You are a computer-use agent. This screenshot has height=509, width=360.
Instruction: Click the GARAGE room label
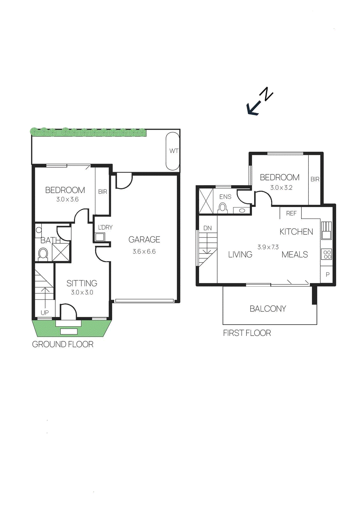[144, 240]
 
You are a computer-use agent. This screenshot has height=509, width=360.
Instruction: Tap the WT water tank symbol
[173, 151]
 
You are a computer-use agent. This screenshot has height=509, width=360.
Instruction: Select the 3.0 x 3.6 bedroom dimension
[67, 199]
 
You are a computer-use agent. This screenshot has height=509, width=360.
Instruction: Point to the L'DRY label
[105, 227]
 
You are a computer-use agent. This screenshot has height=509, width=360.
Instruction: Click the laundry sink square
[100, 237]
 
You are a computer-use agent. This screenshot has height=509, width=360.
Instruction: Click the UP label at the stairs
[45, 312]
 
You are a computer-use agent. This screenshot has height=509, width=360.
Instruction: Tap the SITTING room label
[82, 283]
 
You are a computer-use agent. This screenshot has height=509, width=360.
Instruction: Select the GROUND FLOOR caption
[63, 344]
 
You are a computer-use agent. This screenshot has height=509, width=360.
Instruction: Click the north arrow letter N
[267, 94]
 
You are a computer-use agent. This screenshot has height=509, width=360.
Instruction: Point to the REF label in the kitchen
[291, 213]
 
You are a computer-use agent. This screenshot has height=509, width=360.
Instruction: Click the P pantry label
[328, 275]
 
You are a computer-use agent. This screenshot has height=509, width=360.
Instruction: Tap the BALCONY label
[268, 309]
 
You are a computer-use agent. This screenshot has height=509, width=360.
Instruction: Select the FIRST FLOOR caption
[247, 333]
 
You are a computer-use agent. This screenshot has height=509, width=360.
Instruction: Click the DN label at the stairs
[207, 228]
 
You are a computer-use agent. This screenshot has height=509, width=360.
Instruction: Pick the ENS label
[225, 197]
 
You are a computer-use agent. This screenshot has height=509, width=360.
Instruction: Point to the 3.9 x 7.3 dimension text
[268, 247]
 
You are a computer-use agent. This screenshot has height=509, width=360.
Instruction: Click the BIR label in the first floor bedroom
[315, 179]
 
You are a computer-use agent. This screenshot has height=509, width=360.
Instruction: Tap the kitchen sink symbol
[326, 230]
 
